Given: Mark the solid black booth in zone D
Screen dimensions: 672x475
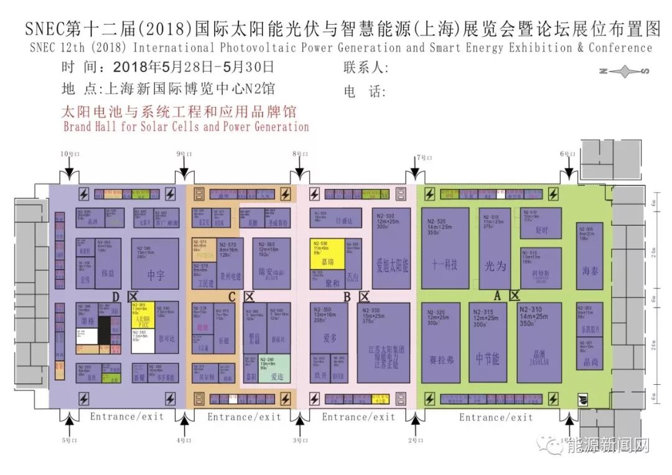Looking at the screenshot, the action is (105, 329).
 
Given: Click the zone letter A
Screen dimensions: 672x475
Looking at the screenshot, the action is (497, 295).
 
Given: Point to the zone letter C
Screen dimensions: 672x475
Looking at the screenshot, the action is (232, 297).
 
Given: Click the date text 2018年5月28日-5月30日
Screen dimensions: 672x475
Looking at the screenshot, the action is (194, 67).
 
